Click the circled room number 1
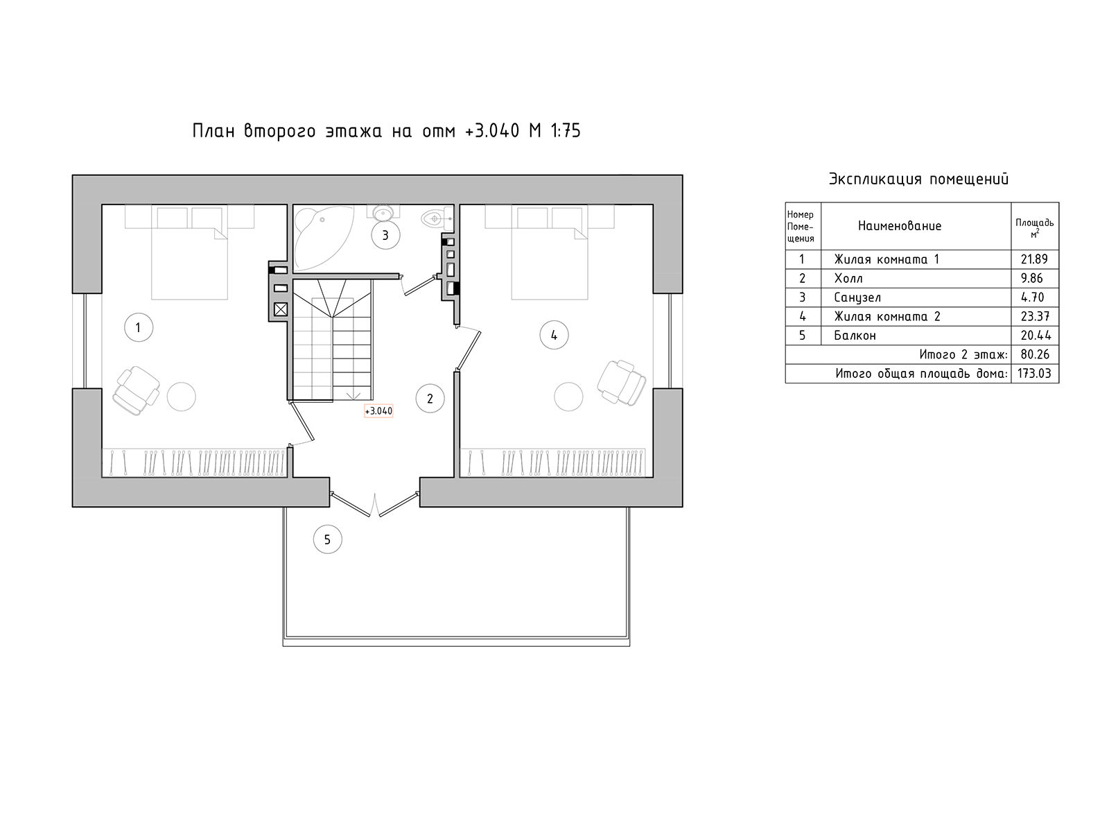(x=139, y=327)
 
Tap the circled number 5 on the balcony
(x=327, y=539)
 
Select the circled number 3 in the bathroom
(x=385, y=235)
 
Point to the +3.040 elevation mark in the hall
(x=378, y=411)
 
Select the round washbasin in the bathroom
(x=383, y=213)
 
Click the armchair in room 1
(x=136, y=390)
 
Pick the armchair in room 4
(x=621, y=383)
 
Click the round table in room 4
(x=568, y=397)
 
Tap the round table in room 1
(x=182, y=397)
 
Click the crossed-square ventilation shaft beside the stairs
(x=281, y=309)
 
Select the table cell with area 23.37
(x=1035, y=317)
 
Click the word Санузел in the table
(x=857, y=297)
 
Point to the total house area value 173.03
(x=1034, y=374)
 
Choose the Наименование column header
(x=900, y=226)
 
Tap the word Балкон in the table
(x=855, y=336)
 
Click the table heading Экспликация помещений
(x=918, y=180)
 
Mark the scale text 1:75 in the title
(x=566, y=131)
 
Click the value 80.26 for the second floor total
(x=1035, y=354)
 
